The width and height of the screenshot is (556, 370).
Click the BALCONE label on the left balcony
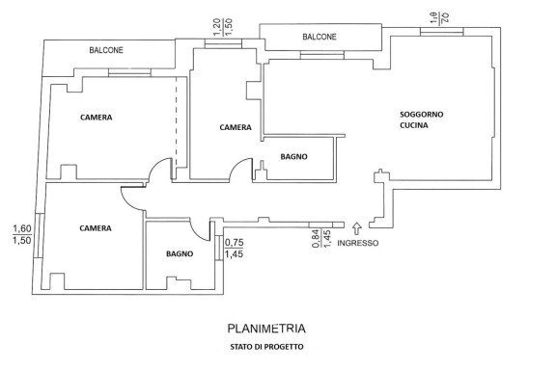(x=106, y=50)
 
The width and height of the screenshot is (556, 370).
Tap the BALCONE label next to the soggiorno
(x=320, y=37)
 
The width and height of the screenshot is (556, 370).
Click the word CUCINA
(x=414, y=125)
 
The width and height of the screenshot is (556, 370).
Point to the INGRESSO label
(x=357, y=243)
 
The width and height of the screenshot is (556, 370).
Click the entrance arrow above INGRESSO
(x=357, y=228)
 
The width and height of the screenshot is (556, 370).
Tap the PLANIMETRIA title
(x=266, y=329)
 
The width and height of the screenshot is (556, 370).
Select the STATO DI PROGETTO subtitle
(x=266, y=347)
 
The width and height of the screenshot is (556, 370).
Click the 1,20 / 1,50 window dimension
(x=223, y=27)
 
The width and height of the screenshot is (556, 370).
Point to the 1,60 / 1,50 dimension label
(x=22, y=235)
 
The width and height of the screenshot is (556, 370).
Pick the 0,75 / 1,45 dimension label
(x=234, y=249)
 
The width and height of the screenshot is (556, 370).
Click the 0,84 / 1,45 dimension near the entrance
(x=321, y=239)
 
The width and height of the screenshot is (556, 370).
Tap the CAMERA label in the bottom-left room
(x=96, y=228)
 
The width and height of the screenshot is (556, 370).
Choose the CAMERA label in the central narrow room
(x=236, y=127)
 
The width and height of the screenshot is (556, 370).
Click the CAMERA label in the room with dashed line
(x=97, y=118)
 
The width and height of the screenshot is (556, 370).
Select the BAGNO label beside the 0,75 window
(x=180, y=253)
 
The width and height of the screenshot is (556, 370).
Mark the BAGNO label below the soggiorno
(x=294, y=156)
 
